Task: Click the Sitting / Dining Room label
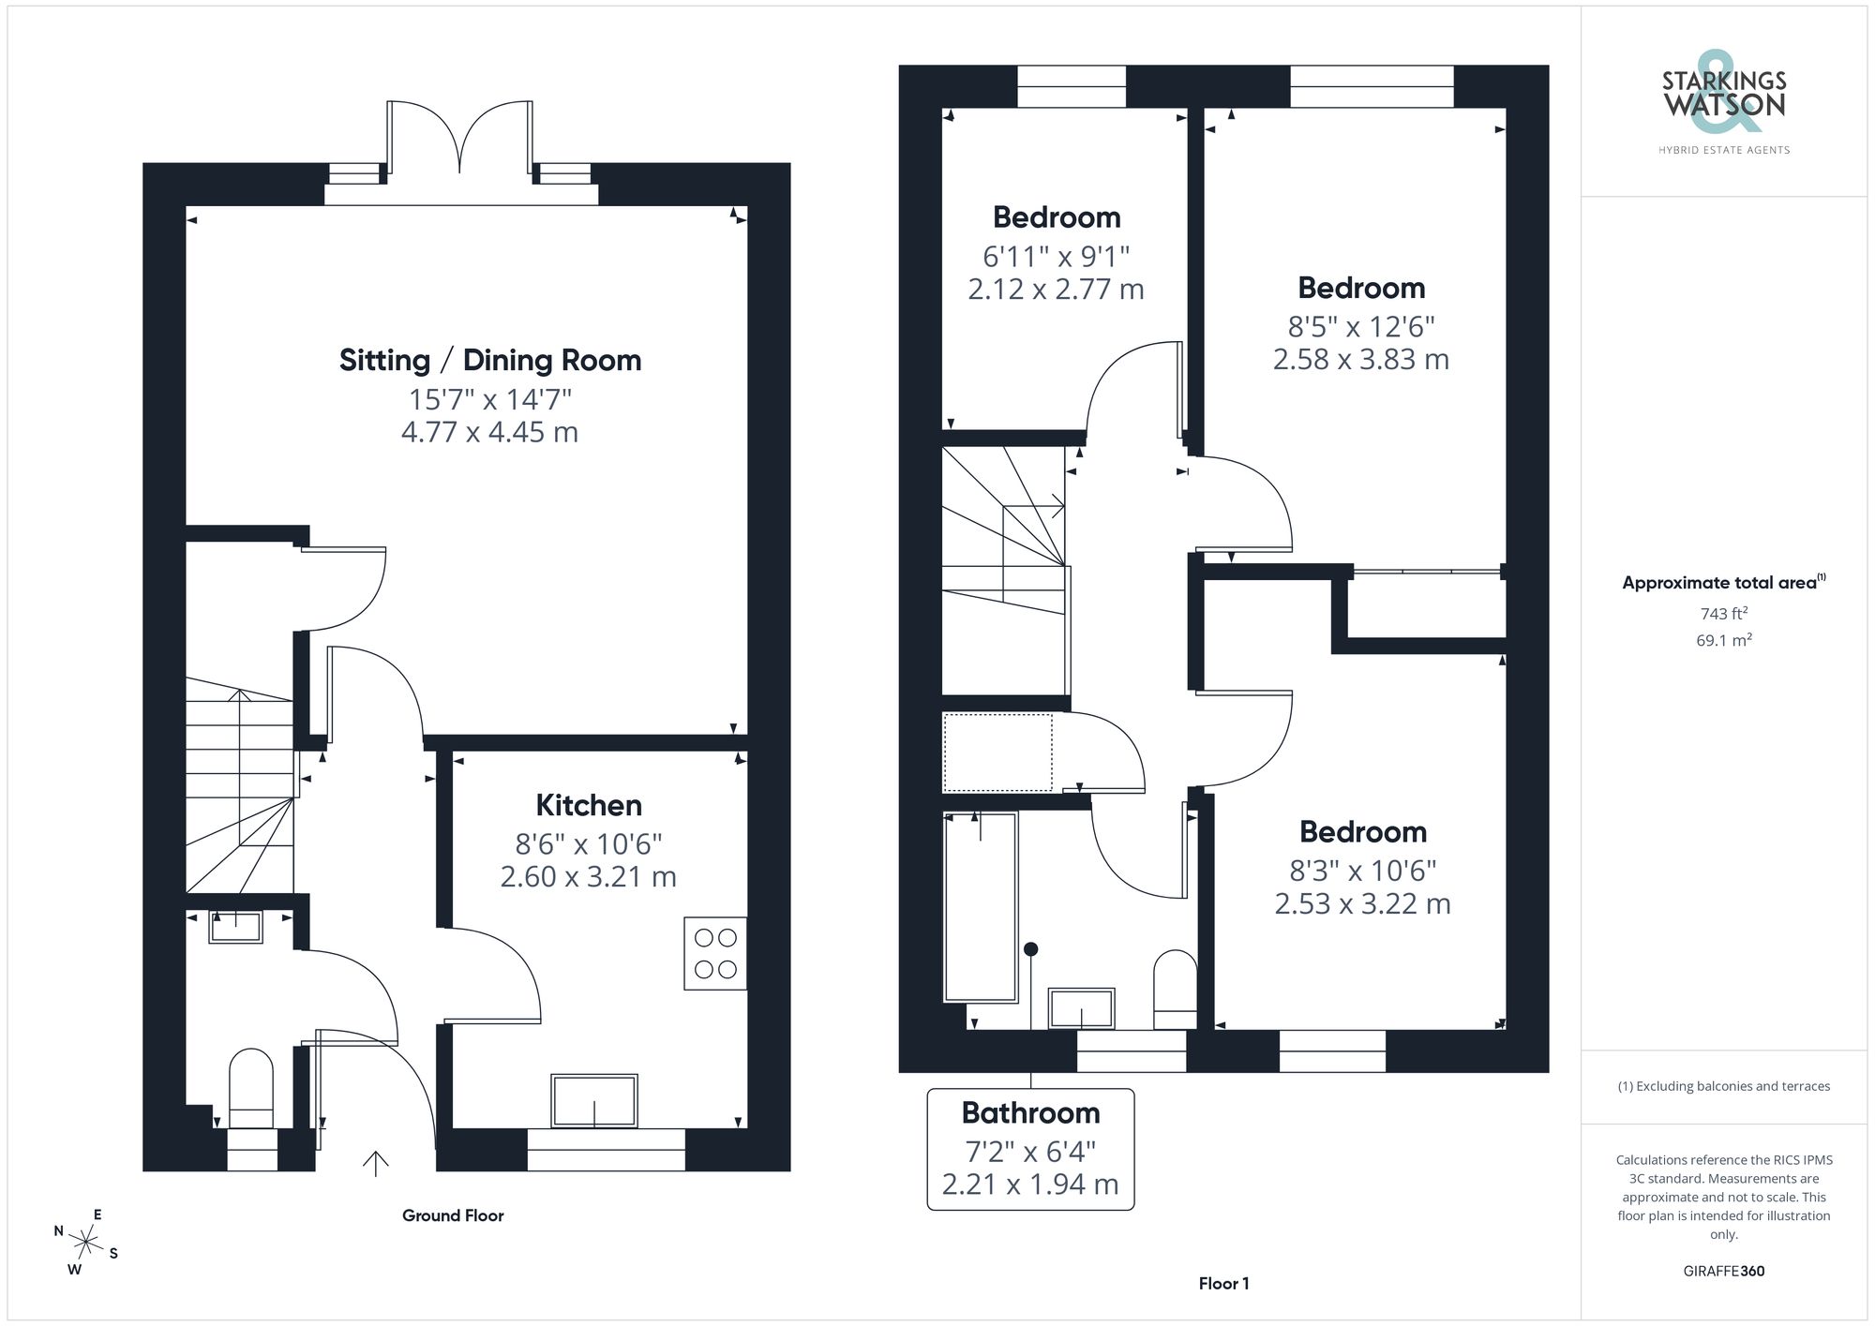[490, 360]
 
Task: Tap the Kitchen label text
[589, 805]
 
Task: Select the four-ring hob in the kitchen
[715, 953]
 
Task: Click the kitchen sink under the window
[594, 1100]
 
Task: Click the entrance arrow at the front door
[376, 1163]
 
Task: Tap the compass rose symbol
[86, 1244]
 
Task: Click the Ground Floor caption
[453, 1215]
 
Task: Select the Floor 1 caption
[1223, 1284]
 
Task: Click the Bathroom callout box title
[1030, 1112]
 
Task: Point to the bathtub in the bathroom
[981, 907]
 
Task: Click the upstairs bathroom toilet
[1175, 991]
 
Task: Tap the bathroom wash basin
[1081, 1009]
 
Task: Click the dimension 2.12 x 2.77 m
[1056, 290]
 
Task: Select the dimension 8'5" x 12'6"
[1361, 326]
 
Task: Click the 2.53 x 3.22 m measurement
[1362, 903]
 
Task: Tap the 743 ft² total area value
[1723, 614]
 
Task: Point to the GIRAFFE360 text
[1723, 1271]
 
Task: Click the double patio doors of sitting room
[459, 141]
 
